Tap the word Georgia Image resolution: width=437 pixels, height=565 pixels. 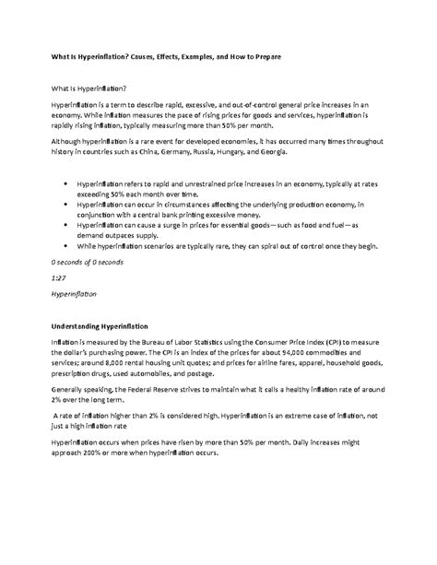(350, 152)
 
